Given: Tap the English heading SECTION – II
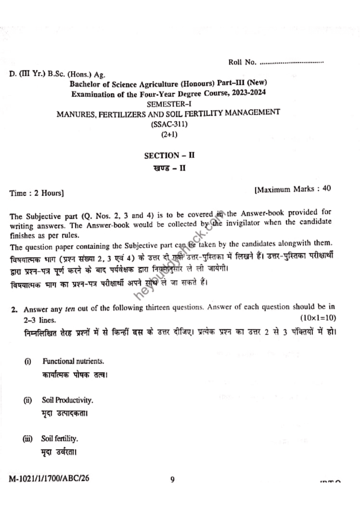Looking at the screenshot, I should [x=169, y=155].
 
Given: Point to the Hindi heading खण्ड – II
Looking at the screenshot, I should [x=169, y=168].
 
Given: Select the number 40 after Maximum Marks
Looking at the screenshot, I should [x=326, y=188].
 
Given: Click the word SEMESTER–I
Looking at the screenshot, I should [x=168, y=103].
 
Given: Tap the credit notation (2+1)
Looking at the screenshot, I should [x=169, y=134].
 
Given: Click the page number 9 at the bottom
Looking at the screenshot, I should [x=173, y=480].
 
